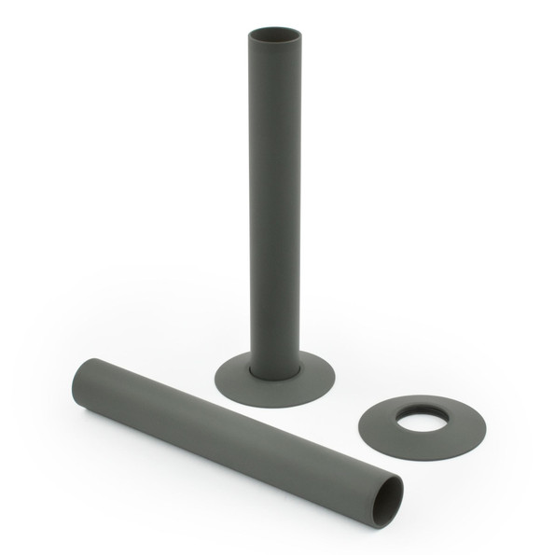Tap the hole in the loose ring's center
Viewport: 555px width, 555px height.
coord(421,422)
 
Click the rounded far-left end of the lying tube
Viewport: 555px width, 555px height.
coord(76,378)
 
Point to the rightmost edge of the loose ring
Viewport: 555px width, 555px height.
coord(485,425)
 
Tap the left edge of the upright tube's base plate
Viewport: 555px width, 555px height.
coord(216,378)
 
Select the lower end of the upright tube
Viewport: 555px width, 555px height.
coord(274,359)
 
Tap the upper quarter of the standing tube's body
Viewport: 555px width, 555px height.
coord(274,112)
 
